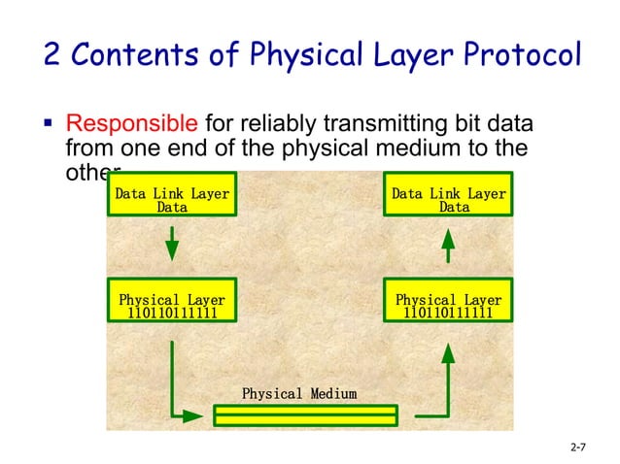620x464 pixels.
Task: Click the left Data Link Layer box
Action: (172, 200)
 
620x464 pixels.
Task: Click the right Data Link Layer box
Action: (448, 200)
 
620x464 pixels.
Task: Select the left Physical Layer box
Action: (171, 307)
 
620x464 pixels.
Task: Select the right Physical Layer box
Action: (448, 307)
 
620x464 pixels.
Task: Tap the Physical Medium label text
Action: (298, 394)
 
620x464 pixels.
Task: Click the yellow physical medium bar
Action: (305, 415)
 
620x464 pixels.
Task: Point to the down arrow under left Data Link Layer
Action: (172, 244)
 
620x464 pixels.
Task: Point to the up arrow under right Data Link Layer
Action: (448, 244)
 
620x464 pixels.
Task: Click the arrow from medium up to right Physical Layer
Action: (442, 388)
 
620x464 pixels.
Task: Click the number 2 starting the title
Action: (53, 54)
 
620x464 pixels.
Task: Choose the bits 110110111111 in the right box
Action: (448, 314)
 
